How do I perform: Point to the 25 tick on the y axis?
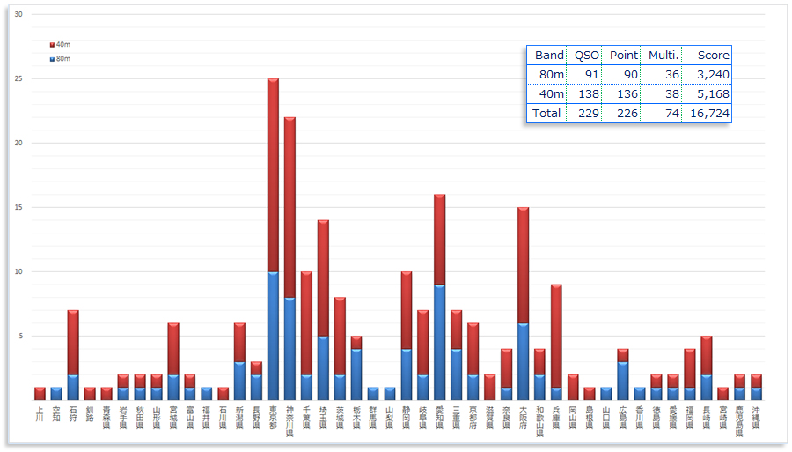tap(18, 78)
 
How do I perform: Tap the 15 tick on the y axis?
tap(18, 207)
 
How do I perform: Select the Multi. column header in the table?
tap(660, 55)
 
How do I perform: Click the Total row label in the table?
tap(546, 113)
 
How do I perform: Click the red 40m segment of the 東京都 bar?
tap(273, 175)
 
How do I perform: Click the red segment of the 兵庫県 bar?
tap(556, 336)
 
